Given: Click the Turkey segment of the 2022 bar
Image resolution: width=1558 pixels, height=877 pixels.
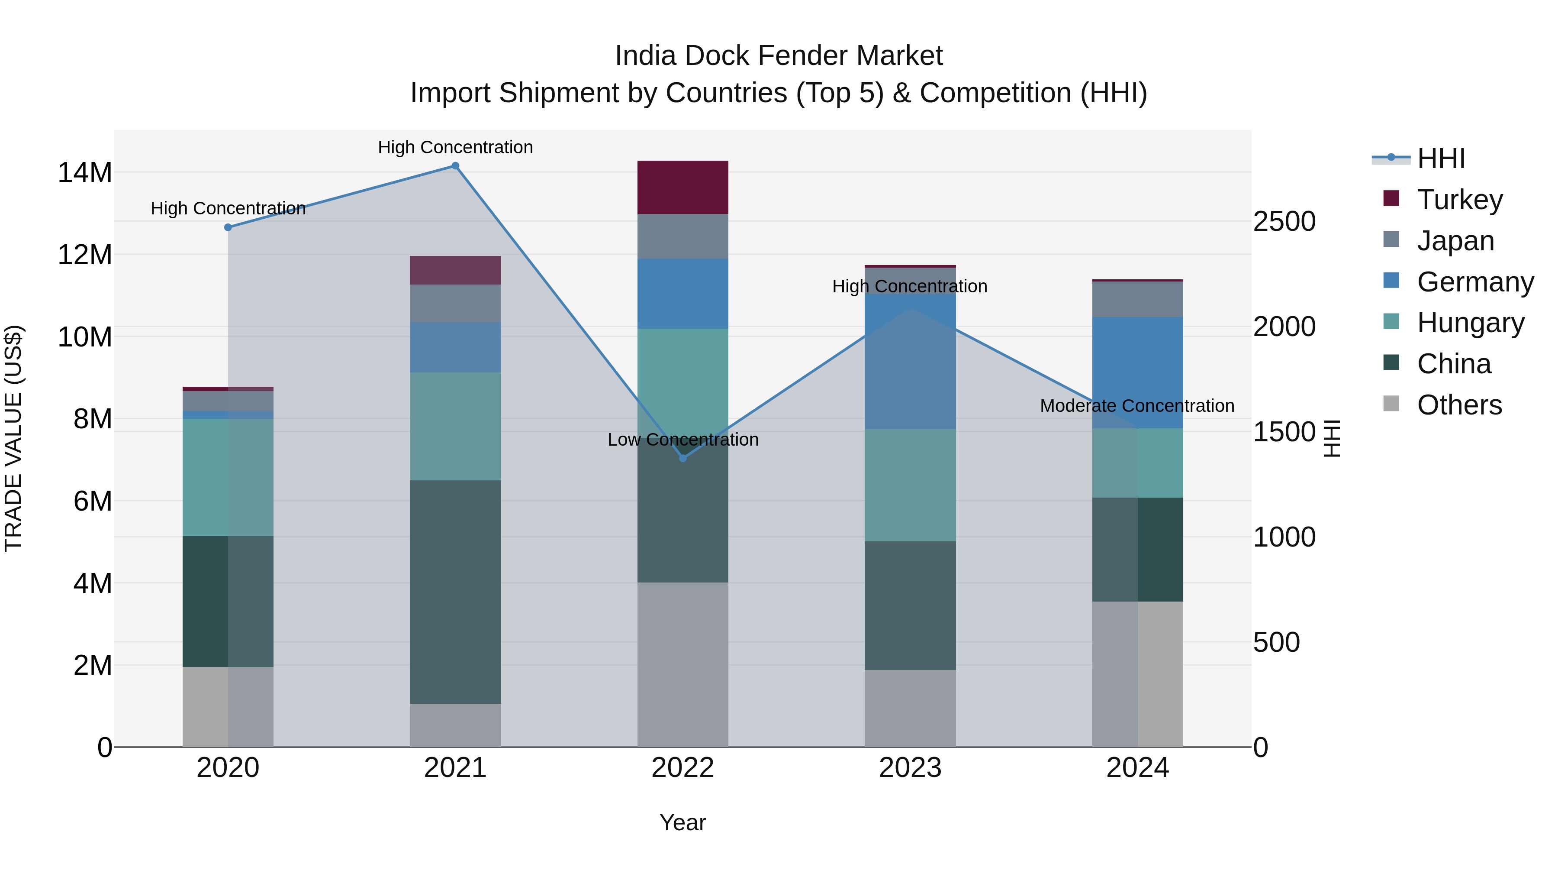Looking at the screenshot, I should pos(683,187).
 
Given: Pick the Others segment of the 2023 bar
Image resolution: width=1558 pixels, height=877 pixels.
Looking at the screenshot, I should pos(910,708).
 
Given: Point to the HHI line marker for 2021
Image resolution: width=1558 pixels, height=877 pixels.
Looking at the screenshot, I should pos(455,166).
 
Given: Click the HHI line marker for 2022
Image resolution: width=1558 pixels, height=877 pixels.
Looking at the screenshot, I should pos(683,458).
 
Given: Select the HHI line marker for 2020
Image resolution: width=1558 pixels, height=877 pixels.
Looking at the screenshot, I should pos(228,227).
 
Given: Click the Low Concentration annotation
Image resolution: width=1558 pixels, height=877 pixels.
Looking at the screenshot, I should pos(683,440).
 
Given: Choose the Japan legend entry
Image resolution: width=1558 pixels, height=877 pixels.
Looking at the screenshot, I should pos(1455,240).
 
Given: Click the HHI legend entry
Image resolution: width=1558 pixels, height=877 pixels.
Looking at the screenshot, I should pos(1441,159).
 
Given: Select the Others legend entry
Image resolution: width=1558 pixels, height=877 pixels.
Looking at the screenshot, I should pos(1459,405).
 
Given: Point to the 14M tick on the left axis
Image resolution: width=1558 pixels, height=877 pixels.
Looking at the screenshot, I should pos(85,172).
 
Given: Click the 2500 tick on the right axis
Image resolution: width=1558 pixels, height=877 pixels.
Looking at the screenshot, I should pos(1284,221).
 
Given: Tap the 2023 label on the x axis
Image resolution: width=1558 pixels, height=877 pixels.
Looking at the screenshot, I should pos(910,767).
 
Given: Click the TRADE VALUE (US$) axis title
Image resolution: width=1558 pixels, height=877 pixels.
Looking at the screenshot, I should pos(13,438).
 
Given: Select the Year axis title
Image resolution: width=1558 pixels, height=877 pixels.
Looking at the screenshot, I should pos(683,822).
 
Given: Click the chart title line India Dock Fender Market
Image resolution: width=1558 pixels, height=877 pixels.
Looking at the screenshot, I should pos(779,56).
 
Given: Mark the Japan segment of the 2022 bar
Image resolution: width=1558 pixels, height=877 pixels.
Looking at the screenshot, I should pos(683,236).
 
